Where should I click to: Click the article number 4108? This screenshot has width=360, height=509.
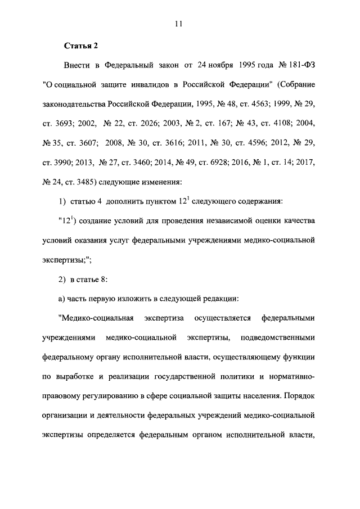tap(270, 124)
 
